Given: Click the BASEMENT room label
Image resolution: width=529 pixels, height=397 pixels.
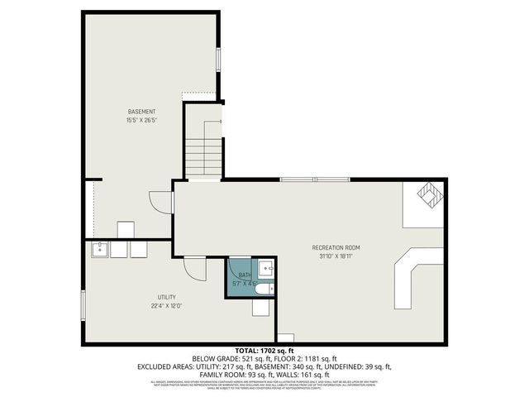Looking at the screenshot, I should [142, 112].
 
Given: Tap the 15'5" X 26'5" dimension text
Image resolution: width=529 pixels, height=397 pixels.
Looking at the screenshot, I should [142, 120].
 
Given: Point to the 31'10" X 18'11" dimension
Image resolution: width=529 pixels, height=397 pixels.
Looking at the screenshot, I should [336, 256].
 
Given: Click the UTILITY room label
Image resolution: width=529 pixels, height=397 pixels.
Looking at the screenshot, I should [167, 297].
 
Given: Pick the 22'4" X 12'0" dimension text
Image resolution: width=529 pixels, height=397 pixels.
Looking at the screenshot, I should [167, 305].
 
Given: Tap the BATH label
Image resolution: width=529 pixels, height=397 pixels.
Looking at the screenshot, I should [245, 275].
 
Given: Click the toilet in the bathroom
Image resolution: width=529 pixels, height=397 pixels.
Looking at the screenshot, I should [263, 289].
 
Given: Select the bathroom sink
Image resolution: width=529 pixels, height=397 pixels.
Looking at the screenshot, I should [265, 267].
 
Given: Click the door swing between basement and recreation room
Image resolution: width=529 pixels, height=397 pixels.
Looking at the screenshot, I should [159, 203].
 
